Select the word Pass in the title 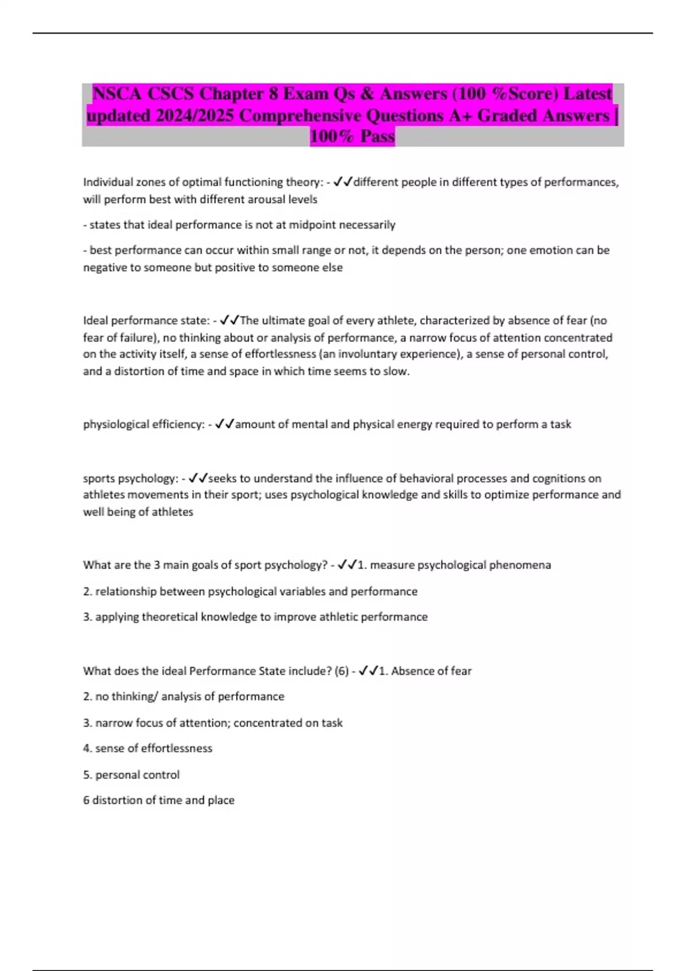pyautogui.click(x=377, y=137)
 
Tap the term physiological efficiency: pyautogui.click(x=144, y=424)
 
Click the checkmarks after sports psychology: pyautogui.click(x=198, y=478)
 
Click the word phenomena pyautogui.click(x=520, y=565)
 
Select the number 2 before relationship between pyautogui.click(x=86, y=592)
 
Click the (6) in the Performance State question pyautogui.click(x=341, y=671)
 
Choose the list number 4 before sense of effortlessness pyautogui.click(x=86, y=748)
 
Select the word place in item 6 pyautogui.click(x=221, y=800)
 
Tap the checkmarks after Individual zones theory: pyautogui.click(x=343, y=182)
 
